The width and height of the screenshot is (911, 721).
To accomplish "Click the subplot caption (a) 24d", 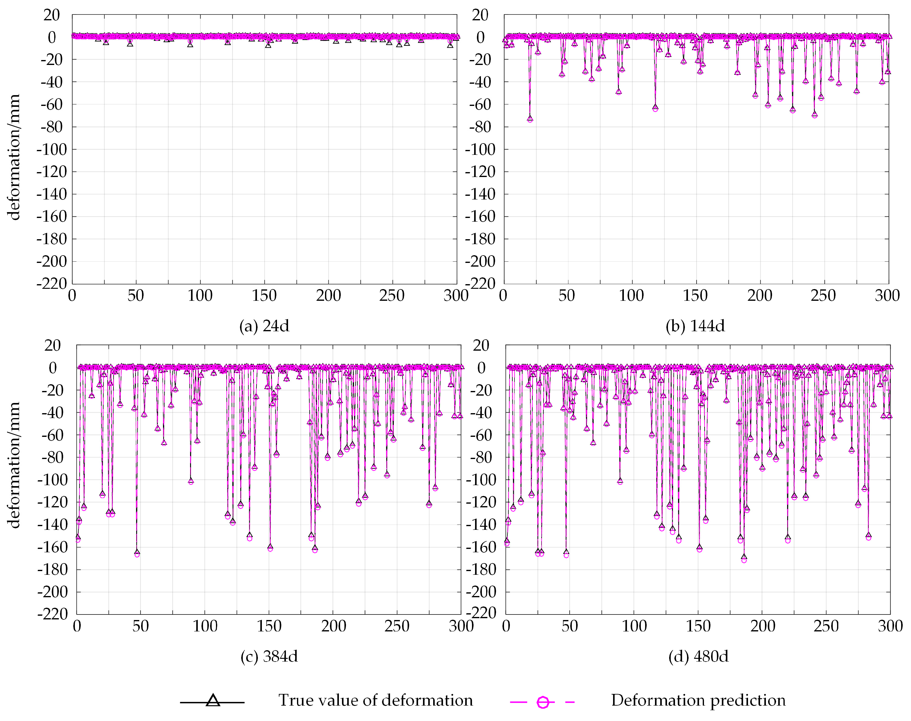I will click(264, 326).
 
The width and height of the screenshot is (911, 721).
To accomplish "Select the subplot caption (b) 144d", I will click(695, 326).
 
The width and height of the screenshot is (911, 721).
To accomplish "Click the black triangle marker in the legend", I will click(213, 701).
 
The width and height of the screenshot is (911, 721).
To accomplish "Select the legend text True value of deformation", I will click(376, 700).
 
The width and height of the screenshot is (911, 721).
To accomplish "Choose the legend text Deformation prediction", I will click(698, 700).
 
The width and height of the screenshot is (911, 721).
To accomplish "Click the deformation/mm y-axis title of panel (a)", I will click(14, 157).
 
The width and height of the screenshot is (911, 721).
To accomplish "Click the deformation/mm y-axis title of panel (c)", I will click(14, 465).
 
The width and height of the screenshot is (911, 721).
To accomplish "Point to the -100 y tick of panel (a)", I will click(51, 149).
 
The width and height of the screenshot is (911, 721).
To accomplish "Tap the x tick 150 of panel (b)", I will click(695, 296).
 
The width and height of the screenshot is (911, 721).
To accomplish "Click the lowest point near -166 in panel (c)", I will click(137, 553).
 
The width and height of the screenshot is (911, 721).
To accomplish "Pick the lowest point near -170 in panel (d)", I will click(744, 558).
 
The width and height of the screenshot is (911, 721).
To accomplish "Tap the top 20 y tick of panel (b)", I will click(480, 15).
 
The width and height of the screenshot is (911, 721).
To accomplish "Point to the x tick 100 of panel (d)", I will click(634, 626).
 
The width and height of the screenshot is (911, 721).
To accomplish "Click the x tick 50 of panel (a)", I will click(136, 296).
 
